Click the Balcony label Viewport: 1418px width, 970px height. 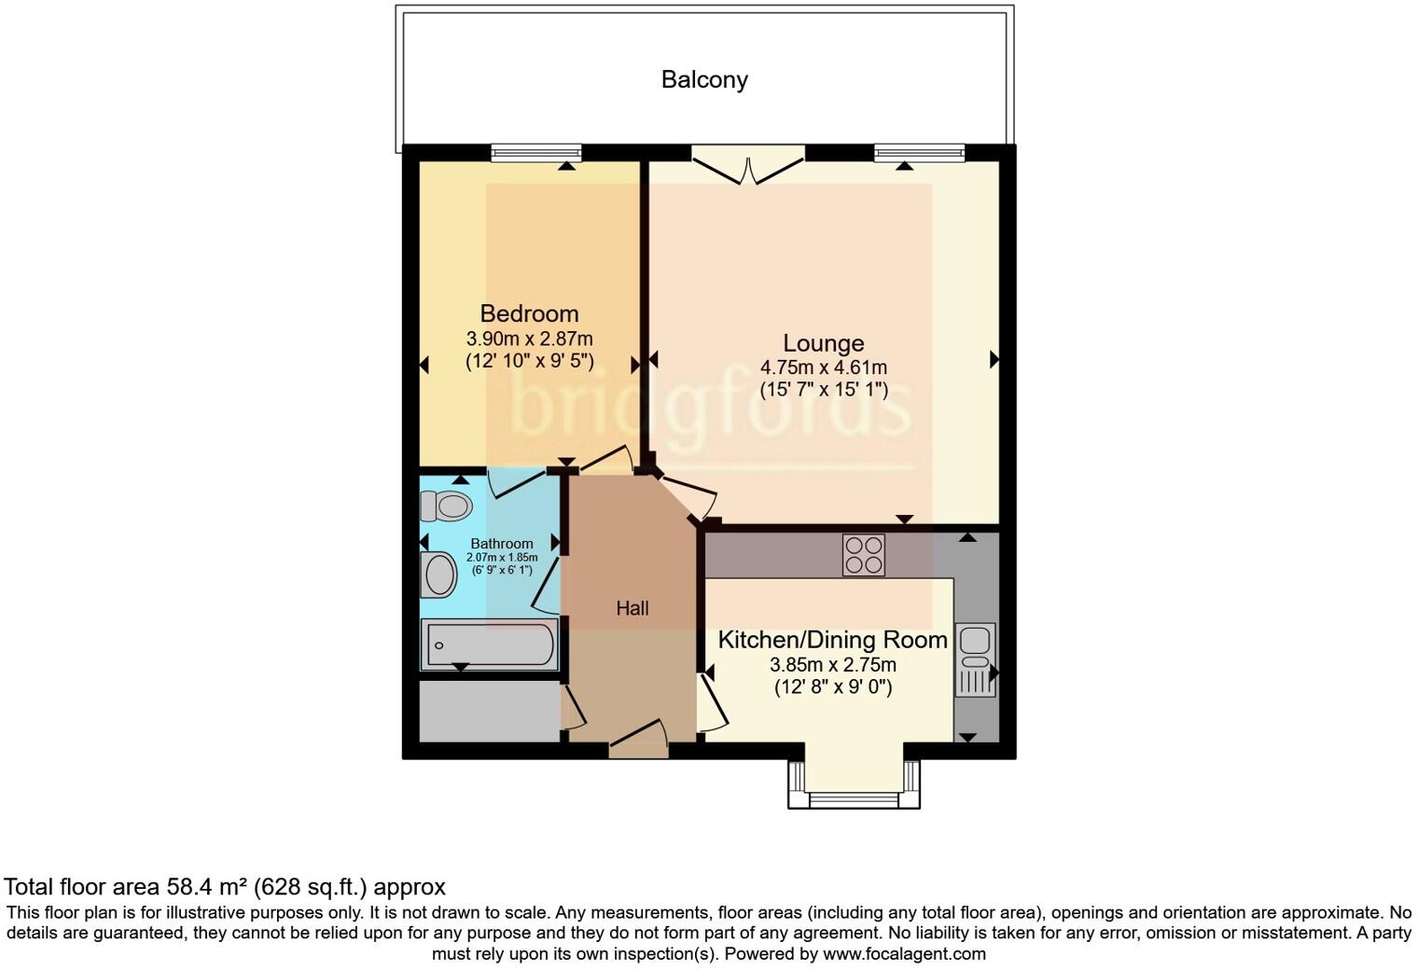click(x=704, y=80)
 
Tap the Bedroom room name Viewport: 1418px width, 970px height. click(x=529, y=313)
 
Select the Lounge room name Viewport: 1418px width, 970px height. click(x=823, y=343)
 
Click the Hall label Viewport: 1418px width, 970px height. click(x=632, y=609)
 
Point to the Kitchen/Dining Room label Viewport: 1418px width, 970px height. click(x=832, y=641)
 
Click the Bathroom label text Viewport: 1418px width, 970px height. click(x=502, y=544)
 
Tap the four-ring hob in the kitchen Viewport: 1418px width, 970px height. click(x=863, y=554)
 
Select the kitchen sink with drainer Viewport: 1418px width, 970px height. click(x=976, y=659)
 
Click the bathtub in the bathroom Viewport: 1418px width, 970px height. click(x=491, y=645)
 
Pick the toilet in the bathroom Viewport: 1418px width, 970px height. click(x=446, y=506)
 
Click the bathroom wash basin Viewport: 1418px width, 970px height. click(x=438, y=575)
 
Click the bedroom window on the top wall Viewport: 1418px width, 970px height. click(x=536, y=153)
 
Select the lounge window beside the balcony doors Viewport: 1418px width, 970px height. click(x=919, y=153)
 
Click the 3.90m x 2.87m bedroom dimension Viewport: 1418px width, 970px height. click(x=529, y=339)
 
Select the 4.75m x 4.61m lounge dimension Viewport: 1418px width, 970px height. click(x=823, y=367)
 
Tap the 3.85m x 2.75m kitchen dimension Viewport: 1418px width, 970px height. click(x=832, y=665)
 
